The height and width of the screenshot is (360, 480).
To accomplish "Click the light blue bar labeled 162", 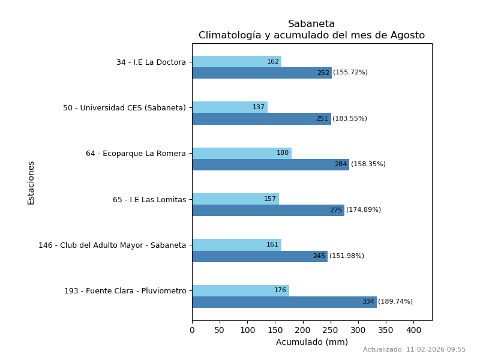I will coord(236,61).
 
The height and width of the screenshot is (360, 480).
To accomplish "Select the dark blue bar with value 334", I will coord(284,302).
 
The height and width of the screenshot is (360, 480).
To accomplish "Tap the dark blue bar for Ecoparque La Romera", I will coord(270,164).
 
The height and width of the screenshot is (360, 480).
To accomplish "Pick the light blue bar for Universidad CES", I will coord(229,107).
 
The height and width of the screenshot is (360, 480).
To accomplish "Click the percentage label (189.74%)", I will coord(395,302).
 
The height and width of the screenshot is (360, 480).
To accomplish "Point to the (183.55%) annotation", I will coord(350,119).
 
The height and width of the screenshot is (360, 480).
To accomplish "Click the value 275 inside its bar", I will coord(335,211).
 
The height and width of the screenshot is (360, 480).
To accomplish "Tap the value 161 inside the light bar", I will coord(272,245).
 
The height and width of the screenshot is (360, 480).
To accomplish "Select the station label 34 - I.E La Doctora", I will coord(151,62).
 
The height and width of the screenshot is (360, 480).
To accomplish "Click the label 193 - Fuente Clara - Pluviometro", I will coord(125,291).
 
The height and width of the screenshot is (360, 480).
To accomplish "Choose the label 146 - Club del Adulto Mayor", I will coord(112,245).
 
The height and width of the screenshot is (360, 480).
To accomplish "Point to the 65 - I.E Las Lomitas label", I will coord(149,200).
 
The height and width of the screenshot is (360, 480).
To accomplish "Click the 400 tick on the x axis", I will coord(413,330).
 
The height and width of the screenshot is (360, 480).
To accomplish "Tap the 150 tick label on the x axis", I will coord(275,330).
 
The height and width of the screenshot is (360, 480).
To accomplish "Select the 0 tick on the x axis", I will coord(192,330).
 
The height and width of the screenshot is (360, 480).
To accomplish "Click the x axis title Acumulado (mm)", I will coord(311,342).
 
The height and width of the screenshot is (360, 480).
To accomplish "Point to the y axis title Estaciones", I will coord(31,182).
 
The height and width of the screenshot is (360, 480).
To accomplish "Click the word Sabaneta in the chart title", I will coord(311,24).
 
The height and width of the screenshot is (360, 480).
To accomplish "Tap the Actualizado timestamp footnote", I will coord(414,350).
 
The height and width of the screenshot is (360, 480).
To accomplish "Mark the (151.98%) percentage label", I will coord(347,256).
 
